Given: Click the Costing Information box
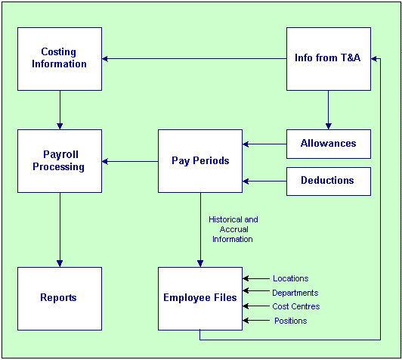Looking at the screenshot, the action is tap(60, 59).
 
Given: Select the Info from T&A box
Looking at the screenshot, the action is tap(329, 59).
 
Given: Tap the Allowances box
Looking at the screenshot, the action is tap(329, 144).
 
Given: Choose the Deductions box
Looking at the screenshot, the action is tap(329, 182).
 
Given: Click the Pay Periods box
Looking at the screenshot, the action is tap(200, 161).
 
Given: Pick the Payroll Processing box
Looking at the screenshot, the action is tap(60, 161).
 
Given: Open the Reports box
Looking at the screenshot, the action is tap(60, 299).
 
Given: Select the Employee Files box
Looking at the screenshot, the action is tap(200, 299).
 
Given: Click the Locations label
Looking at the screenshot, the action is tap(290, 278).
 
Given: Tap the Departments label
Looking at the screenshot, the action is tap(295, 293).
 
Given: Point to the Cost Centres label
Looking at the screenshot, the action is tap(296, 306).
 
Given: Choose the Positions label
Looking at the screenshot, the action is tap(290, 321).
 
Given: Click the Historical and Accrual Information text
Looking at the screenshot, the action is tap(233, 229).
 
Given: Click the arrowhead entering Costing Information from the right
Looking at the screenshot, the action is tap(104, 59).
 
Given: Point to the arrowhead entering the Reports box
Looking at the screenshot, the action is tap(60, 263).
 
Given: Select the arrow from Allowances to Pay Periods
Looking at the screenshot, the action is tap(264, 144).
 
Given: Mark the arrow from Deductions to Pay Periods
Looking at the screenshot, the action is tap(264, 182).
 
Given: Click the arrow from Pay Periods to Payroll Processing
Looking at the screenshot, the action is tap(130, 161).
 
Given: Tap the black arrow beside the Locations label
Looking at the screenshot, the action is tap(256, 278).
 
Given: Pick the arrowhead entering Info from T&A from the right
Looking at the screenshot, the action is tap(374, 59).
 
